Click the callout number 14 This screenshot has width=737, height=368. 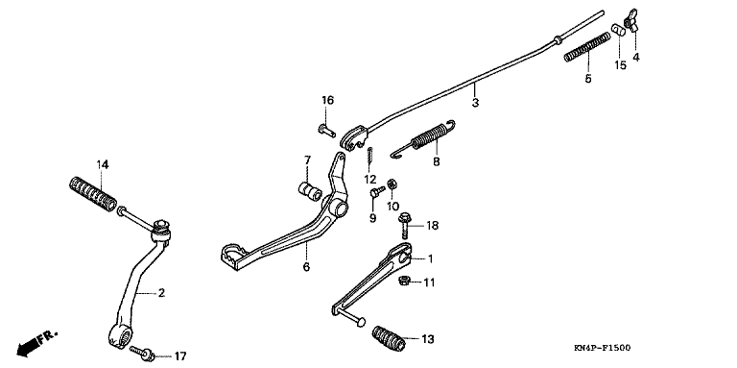103,164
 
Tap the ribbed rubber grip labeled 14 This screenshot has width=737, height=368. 93,193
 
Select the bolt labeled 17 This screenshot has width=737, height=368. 142,353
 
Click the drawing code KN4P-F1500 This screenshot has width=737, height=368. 602,348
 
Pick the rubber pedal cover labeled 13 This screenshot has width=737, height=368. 389,338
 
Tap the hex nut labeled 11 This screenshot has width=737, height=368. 403,282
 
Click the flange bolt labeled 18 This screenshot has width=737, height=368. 404,226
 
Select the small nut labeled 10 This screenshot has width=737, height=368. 392,184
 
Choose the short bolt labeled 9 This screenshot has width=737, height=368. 377,191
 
